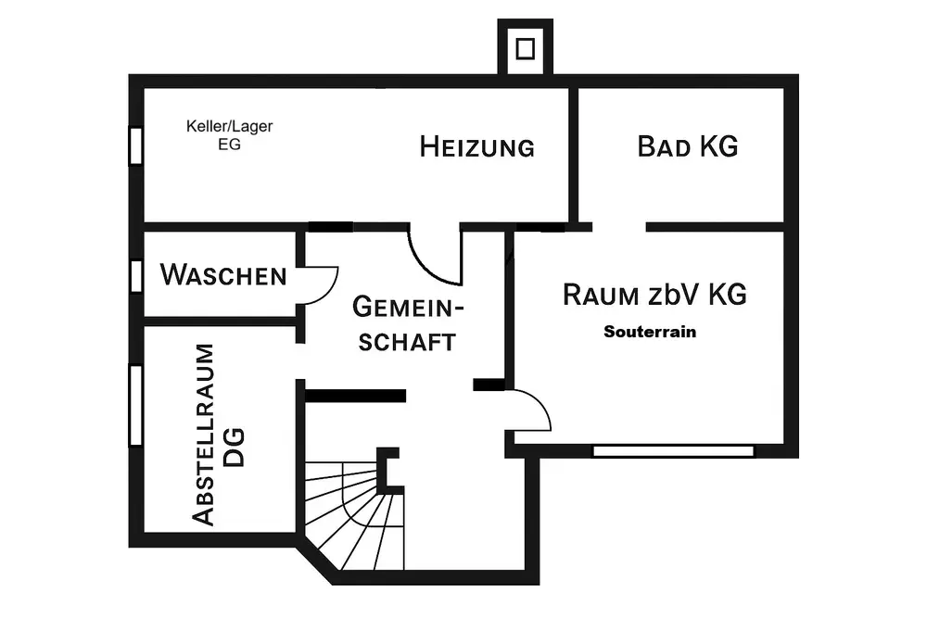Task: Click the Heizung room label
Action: [477, 146]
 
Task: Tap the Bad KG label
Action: [688, 146]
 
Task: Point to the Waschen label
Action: [223, 275]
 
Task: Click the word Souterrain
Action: [649, 331]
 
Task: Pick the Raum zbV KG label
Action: [654, 296]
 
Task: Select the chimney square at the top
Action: [526, 48]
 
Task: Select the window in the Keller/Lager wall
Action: [135, 145]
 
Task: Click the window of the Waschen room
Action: [135, 276]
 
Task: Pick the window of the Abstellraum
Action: [135, 406]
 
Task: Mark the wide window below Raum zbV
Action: [674, 451]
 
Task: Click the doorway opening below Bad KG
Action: [619, 225]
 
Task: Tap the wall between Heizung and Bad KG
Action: [574, 153]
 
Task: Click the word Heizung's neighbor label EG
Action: [229, 145]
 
